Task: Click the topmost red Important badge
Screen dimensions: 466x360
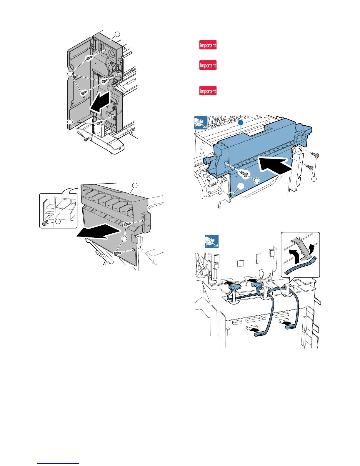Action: (x=208, y=45)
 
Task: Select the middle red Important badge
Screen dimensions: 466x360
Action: (x=208, y=65)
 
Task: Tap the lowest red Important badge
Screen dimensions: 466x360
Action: (x=208, y=91)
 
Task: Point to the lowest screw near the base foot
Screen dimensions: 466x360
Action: (x=86, y=139)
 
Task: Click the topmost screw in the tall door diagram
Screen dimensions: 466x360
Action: (x=88, y=58)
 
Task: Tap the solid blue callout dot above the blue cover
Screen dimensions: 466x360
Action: (x=241, y=122)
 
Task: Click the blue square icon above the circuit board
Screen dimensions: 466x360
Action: (x=212, y=242)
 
